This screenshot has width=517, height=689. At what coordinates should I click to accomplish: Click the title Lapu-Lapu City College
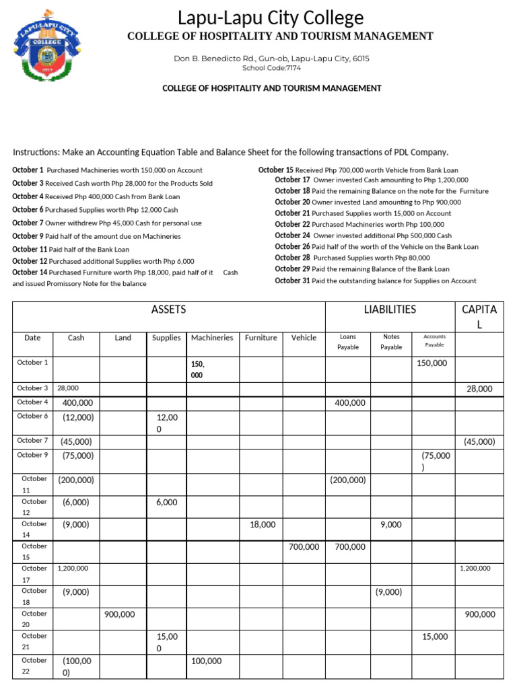[271, 17]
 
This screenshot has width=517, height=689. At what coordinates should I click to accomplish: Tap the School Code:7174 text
[271, 68]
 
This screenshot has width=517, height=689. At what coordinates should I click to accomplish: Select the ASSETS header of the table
[169, 310]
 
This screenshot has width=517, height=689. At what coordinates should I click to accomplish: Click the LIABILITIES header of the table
[390, 310]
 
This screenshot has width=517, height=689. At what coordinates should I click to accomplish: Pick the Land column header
[123, 338]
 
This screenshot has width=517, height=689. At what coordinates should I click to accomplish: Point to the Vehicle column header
[304, 338]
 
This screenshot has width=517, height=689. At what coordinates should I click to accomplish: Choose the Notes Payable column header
[391, 342]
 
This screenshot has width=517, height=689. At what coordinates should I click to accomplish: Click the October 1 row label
[32, 362]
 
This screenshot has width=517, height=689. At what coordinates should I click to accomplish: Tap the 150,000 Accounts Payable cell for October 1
[431, 363]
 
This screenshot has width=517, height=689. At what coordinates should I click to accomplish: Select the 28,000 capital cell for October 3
[479, 389]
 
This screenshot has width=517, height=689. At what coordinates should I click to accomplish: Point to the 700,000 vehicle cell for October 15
[304, 547]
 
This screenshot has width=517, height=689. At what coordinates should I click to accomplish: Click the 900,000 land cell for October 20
[120, 614]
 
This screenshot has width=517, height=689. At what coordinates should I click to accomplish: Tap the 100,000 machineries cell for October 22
[206, 661]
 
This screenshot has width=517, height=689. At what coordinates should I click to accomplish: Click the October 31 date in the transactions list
[292, 281]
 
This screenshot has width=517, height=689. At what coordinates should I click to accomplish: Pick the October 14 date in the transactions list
[30, 272]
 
